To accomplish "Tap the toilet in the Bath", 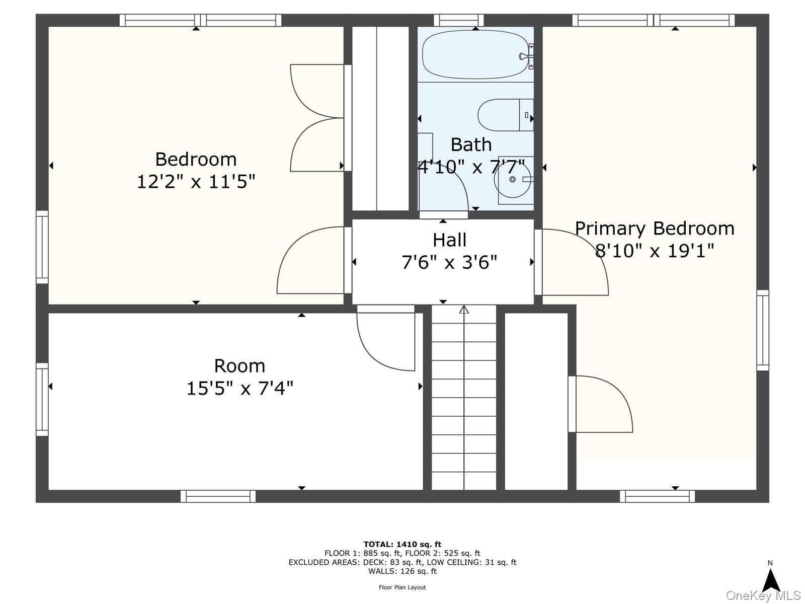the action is point(505,115).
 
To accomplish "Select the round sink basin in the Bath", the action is point(512,179).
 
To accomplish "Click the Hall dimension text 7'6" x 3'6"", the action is point(449,263).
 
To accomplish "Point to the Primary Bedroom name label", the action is point(655,229).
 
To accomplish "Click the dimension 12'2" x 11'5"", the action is point(196,182).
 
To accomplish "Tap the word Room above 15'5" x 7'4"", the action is point(239,365).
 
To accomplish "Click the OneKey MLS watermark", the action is point(764,595).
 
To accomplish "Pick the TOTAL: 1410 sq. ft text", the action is point(403,544).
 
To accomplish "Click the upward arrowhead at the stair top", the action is point(464,310).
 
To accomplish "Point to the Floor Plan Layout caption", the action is point(403,587).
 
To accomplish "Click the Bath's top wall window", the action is point(459,20).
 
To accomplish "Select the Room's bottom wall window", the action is point(218,496).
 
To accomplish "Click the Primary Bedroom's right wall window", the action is point(763,330).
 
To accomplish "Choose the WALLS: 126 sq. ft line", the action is point(403,571).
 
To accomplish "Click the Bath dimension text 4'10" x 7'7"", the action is point(471,167).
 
